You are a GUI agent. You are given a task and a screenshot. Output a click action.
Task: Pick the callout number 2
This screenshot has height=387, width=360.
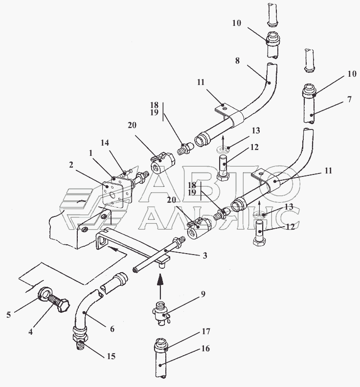[x=71, y=165]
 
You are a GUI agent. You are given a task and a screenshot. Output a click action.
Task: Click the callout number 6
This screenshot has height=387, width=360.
[x=112, y=329]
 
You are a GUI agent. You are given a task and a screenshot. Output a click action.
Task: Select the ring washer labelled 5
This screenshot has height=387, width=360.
[x=45, y=295]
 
